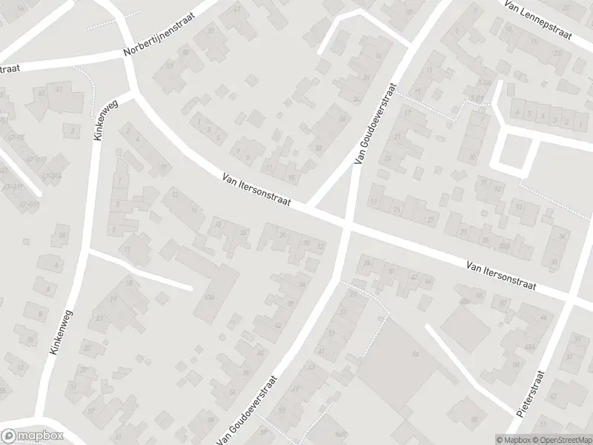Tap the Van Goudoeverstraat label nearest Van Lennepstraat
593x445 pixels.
[x=374, y=128]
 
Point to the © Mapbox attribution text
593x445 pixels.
[x=512, y=439]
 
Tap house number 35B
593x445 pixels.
[x=506, y=245]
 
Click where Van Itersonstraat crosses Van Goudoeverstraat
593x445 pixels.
[x=347, y=224]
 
